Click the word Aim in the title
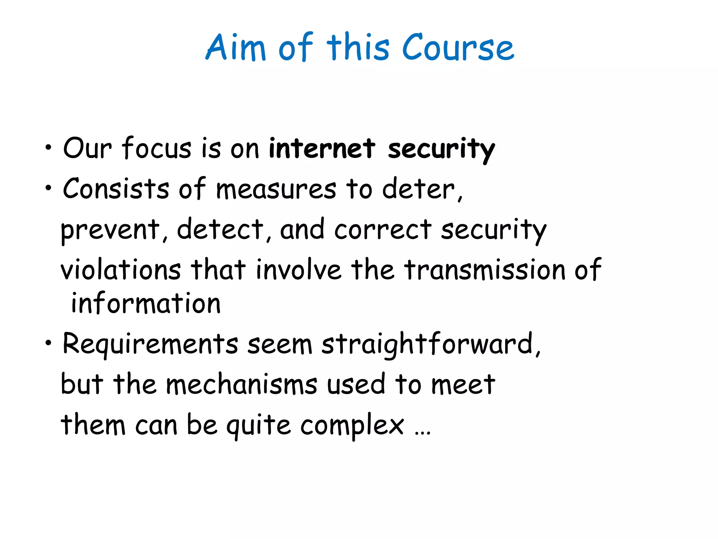click(x=235, y=47)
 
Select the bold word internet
click(x=322, y=148)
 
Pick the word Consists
click(x=116, y=188)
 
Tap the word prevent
click(x=110, y=230)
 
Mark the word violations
click(x=121, y=269)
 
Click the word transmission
click(x=485, y=269)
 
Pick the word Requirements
click(x=150, y=344)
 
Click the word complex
click(x=352, y=425)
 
